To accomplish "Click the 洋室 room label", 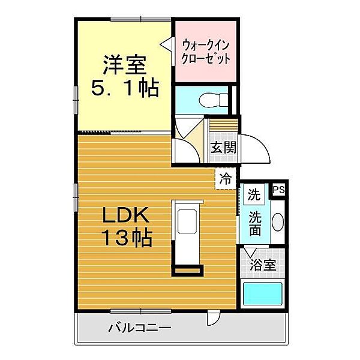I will point(124,64).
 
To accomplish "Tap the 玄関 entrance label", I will point(222,147).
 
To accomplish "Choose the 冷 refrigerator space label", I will point(225,178).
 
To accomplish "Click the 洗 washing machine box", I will point(254,194).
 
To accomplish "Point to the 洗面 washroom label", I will point(254,223).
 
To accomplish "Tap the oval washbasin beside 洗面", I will point(278,223).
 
